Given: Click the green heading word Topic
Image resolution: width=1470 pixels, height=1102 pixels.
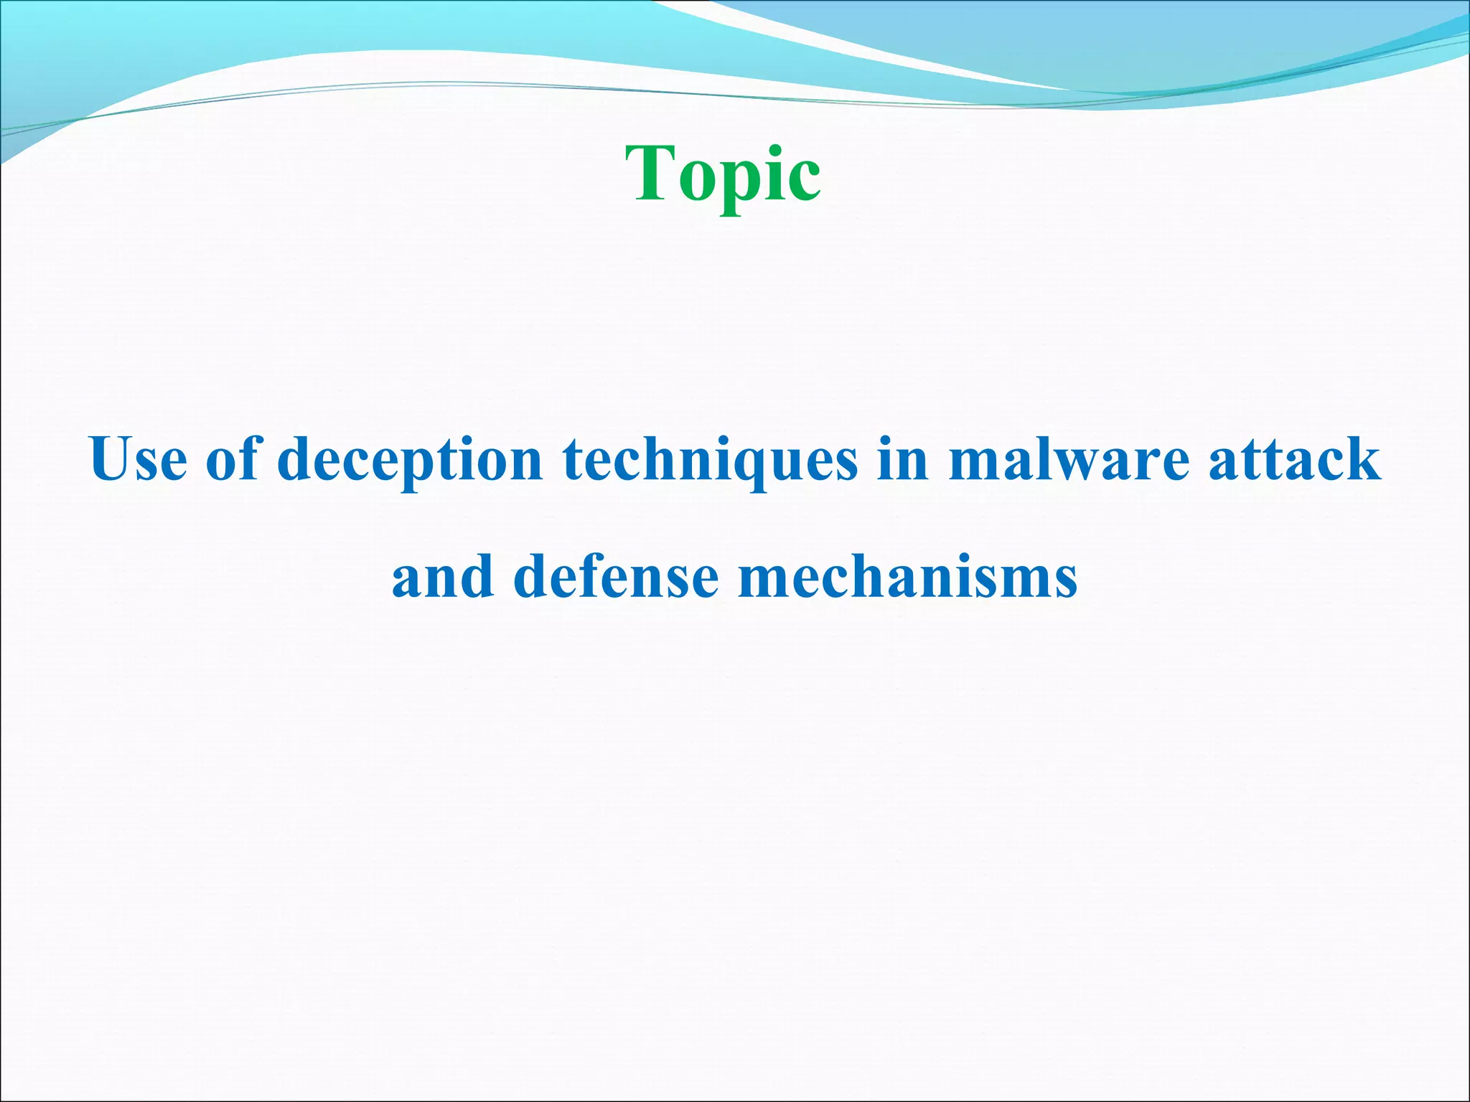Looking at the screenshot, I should (723, 174).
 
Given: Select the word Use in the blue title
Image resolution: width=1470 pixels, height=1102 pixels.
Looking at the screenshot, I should (138, 459).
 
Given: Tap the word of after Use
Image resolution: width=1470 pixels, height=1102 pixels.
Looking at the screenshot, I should (232, 459).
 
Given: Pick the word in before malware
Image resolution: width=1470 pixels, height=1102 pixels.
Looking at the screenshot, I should (903, 459).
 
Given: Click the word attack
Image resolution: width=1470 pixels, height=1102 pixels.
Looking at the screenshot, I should (1294, 459).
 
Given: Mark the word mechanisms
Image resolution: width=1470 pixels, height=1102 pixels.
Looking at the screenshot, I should (907, 577).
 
